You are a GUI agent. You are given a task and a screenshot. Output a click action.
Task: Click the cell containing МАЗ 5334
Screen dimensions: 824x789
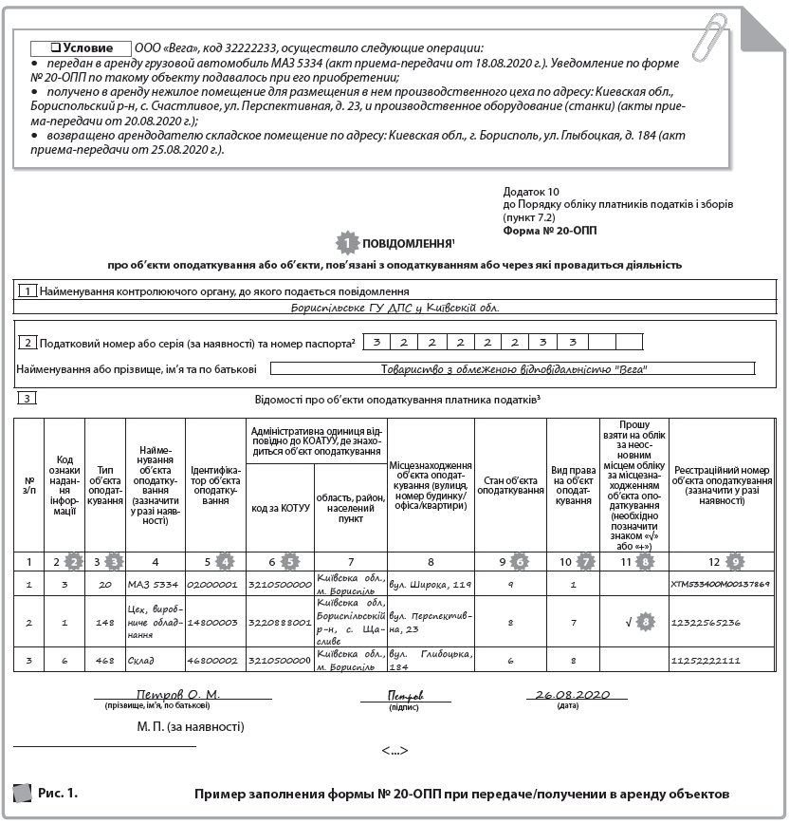point(155,584)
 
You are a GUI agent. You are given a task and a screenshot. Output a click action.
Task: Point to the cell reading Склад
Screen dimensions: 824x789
point(155,658)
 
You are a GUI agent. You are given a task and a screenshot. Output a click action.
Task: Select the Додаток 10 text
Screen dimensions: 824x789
point(532,191)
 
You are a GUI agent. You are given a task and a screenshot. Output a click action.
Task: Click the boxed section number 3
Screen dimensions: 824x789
point(27,398)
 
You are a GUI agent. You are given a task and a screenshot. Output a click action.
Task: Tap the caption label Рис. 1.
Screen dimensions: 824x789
point(58,791)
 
